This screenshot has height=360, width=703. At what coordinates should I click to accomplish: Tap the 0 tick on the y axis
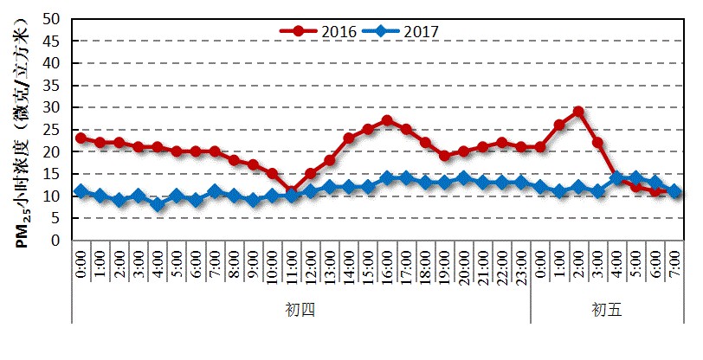pyautogui.click(x=55, y=241)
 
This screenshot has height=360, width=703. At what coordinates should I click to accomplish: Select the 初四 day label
pyautogui.click(x=300, y=309)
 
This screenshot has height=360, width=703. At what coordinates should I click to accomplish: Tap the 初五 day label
pyautogui.click(x=607, y=309)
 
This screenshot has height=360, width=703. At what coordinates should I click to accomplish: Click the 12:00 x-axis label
pyautogui.click(x=311, y=268)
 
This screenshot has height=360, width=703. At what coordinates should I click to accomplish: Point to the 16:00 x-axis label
pyautogui.click(x=387, y=268)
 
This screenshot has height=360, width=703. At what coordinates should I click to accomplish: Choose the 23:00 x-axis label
pyautogui.click(x=521, y=268)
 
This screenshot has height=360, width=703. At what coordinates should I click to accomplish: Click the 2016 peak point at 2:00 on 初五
pyautogui.click(x=578, y=112)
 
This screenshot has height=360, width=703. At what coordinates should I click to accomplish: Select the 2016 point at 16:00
pyautogui.click(x=387, y=120)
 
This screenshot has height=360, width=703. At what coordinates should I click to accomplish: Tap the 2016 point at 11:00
pyautogui.click(x=292, y=191)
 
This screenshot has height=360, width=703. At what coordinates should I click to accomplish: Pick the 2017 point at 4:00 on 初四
pyautogui.click(x=158, y=205)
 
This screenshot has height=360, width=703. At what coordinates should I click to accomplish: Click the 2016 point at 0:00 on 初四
pyautogui.click(x=81, y=138)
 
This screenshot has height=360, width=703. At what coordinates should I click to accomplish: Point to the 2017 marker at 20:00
pyautogui.click(x=464, y=178)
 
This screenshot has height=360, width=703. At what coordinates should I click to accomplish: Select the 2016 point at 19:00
pyautogui.click(x=444, y=156)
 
